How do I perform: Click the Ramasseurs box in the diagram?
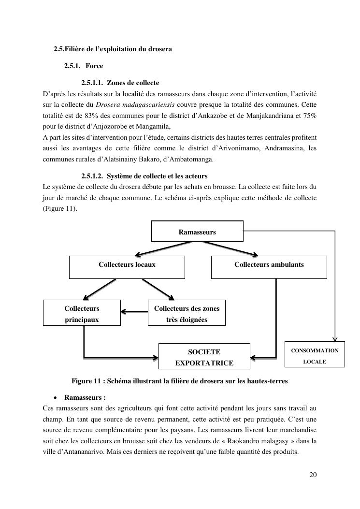(197, 231)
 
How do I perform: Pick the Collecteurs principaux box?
(82, 313)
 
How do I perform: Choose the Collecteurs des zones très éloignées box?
(187, 313)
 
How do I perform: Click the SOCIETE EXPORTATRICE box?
(204, 357)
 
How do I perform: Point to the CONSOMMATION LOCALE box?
(314, 356)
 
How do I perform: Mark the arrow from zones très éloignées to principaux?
(134, 312)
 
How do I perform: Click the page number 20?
(313, 475)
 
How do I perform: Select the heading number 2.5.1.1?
(92, 83)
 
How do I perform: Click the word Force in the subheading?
(94, 66)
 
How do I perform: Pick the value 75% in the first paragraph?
(309, 116)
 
